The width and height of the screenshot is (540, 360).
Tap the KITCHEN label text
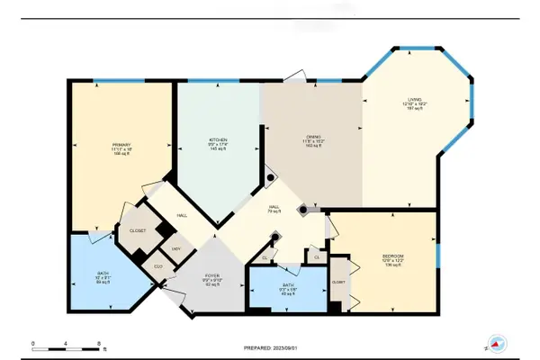[218, 139]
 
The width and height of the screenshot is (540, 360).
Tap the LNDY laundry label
[176, 249]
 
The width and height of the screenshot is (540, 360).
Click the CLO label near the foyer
[158, 266]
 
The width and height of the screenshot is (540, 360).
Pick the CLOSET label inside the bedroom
[338, 282]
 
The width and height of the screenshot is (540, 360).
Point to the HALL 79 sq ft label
[273, 208]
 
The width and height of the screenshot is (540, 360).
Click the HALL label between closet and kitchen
[181, 216]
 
